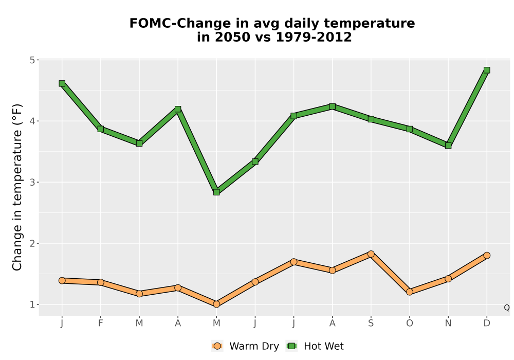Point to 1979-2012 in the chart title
pos(314,37)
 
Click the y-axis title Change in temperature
pos(17,187)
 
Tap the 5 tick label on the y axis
pos(32,60)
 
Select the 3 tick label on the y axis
pos(32,182)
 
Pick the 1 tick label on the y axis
pos(32,304)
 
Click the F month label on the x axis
pos(101,323)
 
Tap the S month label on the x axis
pos(371,323)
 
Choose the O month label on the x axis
pos(410,323)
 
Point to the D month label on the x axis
pos(487,323)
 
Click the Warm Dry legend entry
pos(245,346)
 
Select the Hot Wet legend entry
pos(315,346)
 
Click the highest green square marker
pos(487,70)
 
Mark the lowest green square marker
pos(216,192)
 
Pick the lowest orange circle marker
pos(216,304)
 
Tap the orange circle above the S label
pos(371,254)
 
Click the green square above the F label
pos(101,129)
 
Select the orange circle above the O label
pos(410,292)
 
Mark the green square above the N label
pos(448,146)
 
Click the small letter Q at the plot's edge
pos(507,308)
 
